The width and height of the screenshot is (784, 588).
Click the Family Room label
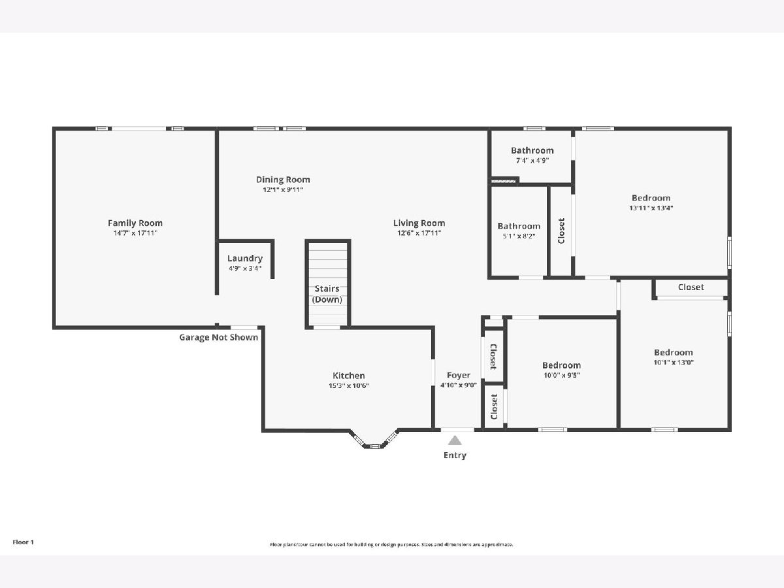(x=135, y=223)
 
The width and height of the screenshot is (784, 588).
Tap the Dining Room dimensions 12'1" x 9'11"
(x=283, y=189)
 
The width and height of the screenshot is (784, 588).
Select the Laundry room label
(x=245, y=259)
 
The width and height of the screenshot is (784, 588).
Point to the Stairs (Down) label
(x=327, y=294)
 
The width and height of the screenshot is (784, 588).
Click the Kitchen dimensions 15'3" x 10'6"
(x=349, y=385)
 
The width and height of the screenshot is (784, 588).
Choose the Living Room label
(x=419, y=223)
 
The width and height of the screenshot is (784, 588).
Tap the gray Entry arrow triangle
(x=455, y=440)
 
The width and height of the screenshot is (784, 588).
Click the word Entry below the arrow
(x=455, y=455)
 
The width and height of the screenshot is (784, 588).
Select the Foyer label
(x=459, y=375)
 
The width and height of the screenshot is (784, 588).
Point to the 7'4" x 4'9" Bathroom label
(x=532, y=151)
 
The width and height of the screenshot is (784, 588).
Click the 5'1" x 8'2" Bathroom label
(x=519, y=226)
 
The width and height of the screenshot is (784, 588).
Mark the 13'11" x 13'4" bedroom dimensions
(x=651, y=208)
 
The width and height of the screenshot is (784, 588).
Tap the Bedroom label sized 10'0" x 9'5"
(x=561, y=365)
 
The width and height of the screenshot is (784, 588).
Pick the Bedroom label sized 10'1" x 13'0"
(x=674, y=352)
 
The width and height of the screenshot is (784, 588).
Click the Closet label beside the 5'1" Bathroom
(x=561, y=231)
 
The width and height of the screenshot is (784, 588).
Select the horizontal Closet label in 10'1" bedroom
(x=691, y=287)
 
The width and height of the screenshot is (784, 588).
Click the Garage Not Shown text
(x=219, y=337)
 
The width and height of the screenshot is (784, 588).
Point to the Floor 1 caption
(x=24, y=542)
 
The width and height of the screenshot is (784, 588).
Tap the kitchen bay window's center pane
(x=374, y=446)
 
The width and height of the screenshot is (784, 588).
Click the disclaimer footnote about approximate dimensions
(x=391, y=544)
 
